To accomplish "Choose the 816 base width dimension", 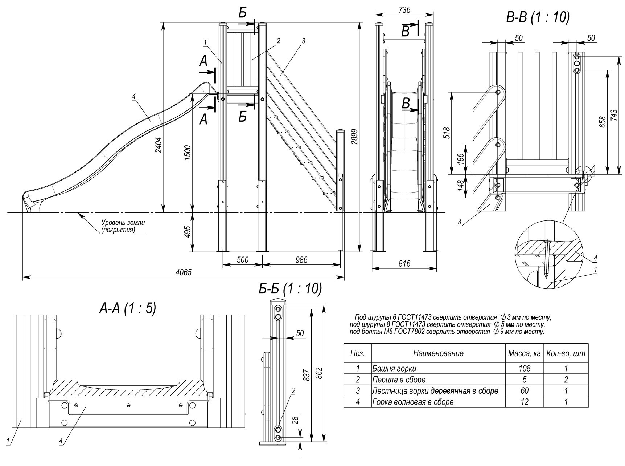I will (404, 264).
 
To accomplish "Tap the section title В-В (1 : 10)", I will (538, 17).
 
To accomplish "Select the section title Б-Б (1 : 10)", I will (290, 288).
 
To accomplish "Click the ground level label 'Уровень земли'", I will (123, 222).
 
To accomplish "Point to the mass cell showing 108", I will (524, 368).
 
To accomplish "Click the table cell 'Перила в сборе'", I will (399, 380).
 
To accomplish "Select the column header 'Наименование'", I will (438, 353).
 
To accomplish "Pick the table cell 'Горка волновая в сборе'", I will (412, 402).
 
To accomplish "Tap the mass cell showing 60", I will (524, 391).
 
